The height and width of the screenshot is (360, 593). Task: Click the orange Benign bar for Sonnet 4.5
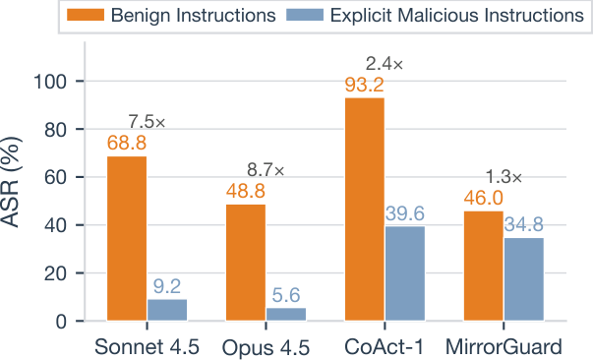point(127,238)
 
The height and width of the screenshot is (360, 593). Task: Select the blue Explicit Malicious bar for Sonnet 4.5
point(167,310)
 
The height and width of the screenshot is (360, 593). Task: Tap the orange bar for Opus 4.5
point(246,263)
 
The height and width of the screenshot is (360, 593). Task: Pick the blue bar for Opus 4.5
point(286,314)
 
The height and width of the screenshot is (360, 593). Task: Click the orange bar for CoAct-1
point(365,209)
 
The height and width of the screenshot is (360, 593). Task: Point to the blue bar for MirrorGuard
point(524,279)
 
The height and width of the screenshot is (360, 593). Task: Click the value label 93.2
point(365,86)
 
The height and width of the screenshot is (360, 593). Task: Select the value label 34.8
point(524,225)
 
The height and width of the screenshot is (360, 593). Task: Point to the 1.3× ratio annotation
point(504,178)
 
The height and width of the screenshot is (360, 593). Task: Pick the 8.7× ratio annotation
point(266,170)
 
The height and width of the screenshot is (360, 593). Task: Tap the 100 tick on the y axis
point(67,82)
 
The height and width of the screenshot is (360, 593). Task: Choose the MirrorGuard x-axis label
point(504,345)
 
